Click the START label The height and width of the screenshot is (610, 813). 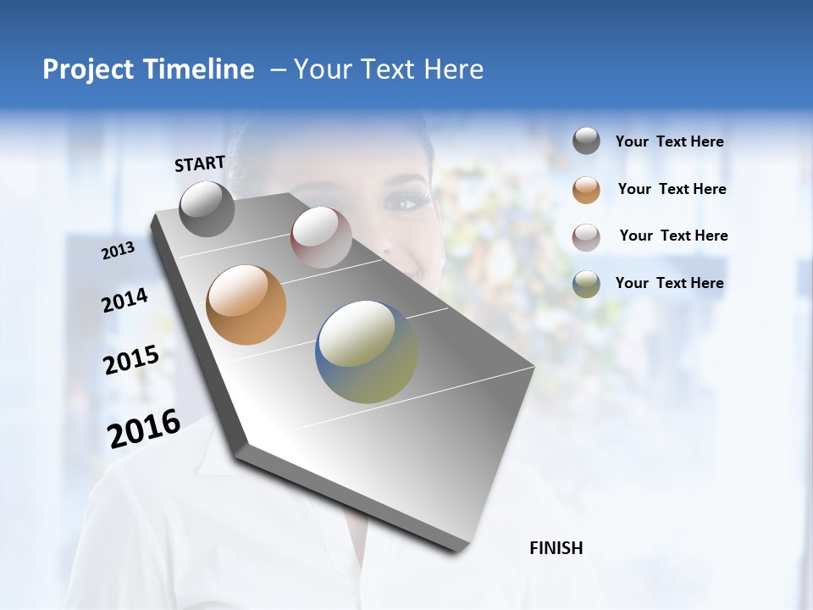[200, 164]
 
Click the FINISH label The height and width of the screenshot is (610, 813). [556, 548]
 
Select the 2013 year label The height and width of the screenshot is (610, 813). [118, 251]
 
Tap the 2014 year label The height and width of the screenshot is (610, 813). [124, 300]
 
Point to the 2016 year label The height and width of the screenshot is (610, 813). [144, 429]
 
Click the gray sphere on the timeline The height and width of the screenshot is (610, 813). [207, 208]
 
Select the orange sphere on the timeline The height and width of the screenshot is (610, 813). [246, 305]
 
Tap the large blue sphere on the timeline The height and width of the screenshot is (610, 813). [367, 352]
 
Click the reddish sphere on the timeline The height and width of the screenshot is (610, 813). [321, 237]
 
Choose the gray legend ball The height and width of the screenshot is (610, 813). [586, 141]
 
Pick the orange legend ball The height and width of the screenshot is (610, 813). [586, 189]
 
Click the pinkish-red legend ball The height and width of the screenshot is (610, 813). [586, 236]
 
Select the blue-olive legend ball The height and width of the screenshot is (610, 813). [586, 283]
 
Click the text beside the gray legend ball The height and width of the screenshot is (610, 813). [669, 142]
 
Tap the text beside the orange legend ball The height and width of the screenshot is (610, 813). [672, 189]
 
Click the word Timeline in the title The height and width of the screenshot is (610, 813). [200, 69]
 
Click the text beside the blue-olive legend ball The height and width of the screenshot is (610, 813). [669, 283]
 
